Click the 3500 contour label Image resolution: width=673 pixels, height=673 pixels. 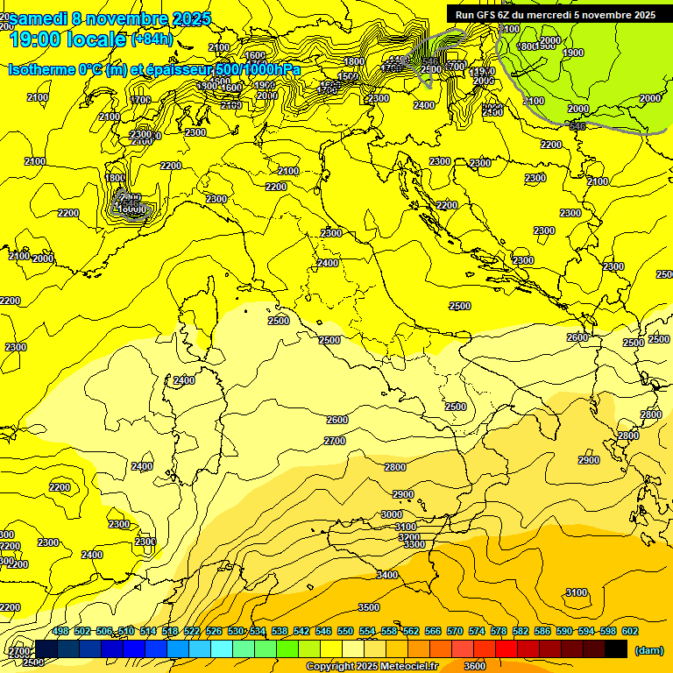click(369, 607)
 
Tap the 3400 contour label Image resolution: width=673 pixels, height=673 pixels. click(386, 575)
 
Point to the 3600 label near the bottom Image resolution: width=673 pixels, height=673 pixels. click(474, 666)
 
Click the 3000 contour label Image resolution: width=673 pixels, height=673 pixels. click(392, 514)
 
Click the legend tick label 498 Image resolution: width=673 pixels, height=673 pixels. click(60, 631)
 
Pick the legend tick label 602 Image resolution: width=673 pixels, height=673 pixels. click(630, 631)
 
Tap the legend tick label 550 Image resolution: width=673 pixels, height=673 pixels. click(345, 631)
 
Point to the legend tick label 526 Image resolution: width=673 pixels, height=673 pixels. click(214, 631)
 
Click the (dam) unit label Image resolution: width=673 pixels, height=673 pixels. click(649, 650)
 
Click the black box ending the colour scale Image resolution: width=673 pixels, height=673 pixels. click(616, 648)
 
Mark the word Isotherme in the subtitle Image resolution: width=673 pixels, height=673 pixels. click(41, 69)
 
